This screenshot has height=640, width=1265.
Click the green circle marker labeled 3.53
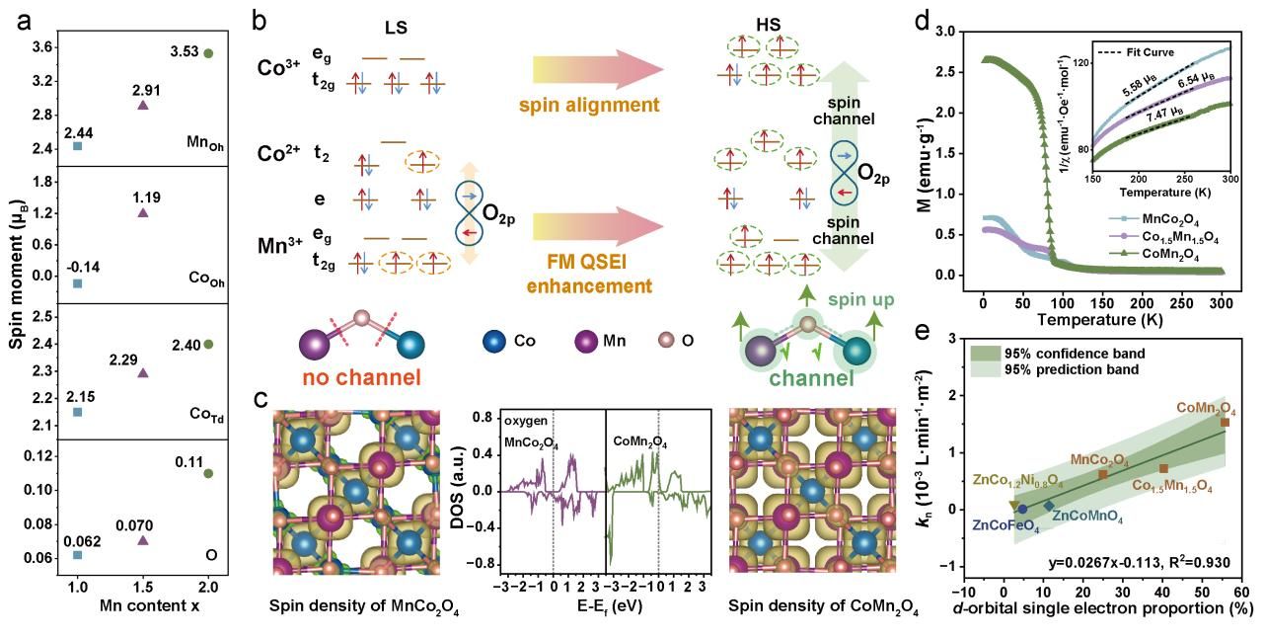coord(207,53)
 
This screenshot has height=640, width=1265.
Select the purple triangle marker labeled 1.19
coord(142,212)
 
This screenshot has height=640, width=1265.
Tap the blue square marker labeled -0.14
coord(78,283)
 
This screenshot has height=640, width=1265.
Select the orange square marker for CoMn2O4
coord(1225,422)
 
